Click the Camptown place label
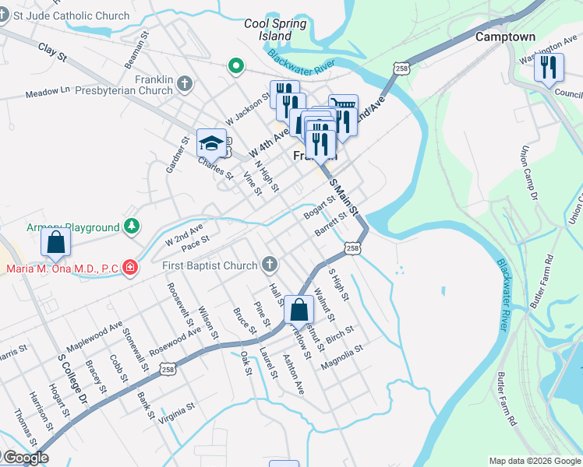point(505,37)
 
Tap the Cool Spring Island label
point(275,30)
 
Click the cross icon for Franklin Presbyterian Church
point(185,83)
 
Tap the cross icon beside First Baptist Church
point(269,265)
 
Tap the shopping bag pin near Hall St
point(299,310)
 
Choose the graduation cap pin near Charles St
point(211,143)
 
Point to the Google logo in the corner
point(25,458)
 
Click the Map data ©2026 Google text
point(535,461)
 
